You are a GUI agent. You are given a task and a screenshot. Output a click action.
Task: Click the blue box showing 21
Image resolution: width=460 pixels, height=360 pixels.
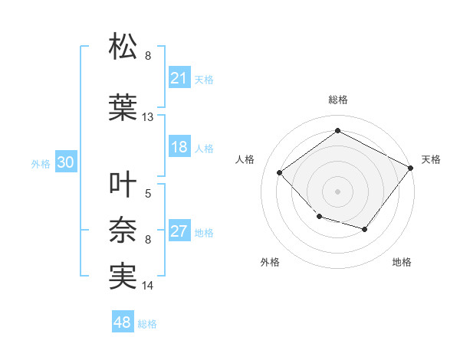(179, 77)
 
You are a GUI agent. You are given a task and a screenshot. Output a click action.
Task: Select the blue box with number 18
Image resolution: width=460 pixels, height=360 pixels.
(179, 147)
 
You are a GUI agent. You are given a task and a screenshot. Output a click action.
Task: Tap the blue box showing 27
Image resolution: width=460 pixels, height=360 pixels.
(179, 232)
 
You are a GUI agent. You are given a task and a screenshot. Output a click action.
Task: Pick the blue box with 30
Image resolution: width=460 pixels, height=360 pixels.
(65, 162)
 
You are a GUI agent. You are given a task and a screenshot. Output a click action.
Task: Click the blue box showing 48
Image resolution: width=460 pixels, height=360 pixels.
(123, 322)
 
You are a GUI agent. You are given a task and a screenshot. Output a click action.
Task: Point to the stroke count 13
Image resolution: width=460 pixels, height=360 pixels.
(148, 117)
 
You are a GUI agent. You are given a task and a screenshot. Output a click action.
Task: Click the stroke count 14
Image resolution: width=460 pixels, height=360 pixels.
(148, 286)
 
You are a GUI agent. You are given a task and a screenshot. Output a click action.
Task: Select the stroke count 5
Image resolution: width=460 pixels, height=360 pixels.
(148, 194)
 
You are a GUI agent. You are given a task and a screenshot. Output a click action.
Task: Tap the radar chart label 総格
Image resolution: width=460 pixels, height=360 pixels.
(337, 100)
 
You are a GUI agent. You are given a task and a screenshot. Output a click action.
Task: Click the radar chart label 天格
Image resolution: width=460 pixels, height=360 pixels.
(431, 159)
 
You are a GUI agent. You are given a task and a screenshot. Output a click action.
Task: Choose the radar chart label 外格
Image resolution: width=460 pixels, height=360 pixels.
(270, 262)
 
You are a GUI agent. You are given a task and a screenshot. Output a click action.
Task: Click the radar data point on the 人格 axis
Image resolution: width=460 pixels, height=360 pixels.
(280, 173)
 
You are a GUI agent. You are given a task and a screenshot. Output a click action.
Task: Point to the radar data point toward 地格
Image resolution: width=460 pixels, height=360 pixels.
(365, 230)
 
